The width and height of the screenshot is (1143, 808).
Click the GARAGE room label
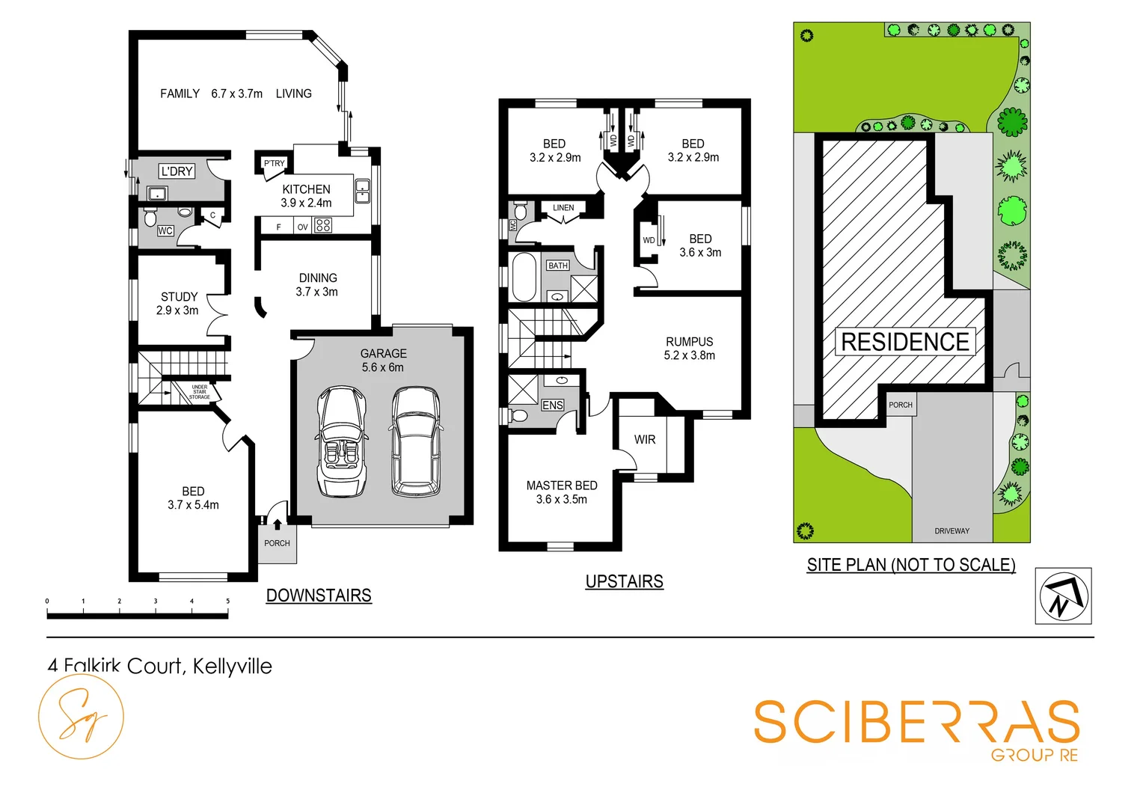(383, 354)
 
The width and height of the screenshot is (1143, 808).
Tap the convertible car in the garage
(342, 441)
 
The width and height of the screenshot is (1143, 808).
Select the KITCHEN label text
(306, 189)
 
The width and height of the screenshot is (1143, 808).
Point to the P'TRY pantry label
(274, 163)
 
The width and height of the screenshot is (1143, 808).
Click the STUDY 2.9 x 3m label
(178, 303)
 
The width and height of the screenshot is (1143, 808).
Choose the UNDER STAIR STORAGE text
(199, 392)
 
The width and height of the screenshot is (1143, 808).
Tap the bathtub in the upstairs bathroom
(524, 277)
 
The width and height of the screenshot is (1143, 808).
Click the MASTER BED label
(562, 486)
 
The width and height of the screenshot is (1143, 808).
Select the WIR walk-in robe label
(645, 440)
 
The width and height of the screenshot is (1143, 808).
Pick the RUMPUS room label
(689, 342)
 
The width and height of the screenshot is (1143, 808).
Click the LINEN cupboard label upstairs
(563, 208)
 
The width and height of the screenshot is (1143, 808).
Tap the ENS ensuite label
(553, 405)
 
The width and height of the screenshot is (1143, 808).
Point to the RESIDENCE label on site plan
(905, 342)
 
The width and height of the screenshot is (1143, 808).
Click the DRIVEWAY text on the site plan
(952, 531)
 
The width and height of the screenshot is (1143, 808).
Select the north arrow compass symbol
(1063, 596)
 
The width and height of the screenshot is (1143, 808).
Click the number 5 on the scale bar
(228, 601)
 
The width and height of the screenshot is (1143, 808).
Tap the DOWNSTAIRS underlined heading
(319, 596)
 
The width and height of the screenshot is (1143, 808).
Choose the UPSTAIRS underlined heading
(624, 581)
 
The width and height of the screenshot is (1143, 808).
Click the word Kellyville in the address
(232, 666)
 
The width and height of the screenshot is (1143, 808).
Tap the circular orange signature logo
(81, 717)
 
